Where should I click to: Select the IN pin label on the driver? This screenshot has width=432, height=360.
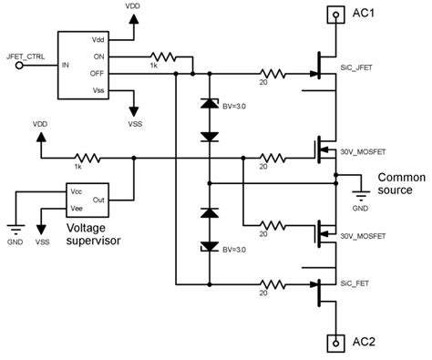pos(65,65)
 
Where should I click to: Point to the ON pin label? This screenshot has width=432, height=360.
pos(99,57)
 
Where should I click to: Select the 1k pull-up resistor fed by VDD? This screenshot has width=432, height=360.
pos(83,158)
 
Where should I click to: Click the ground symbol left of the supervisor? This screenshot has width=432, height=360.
pos(15,231)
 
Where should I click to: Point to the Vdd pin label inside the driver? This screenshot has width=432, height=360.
pos(98,40)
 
